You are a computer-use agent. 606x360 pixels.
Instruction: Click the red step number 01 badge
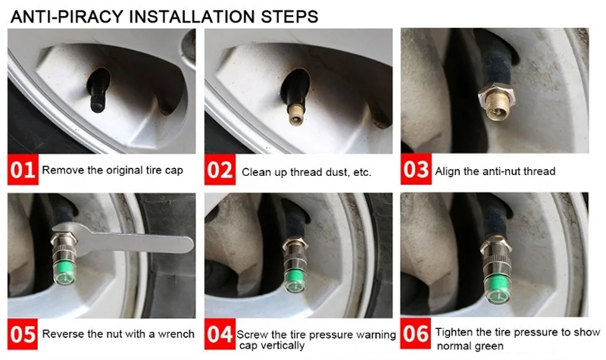coord(23,169)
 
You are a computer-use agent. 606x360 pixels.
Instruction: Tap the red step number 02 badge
coord(220,169)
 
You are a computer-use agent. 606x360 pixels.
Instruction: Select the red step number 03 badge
coord(416,169)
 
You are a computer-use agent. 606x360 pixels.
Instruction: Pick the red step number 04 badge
coord(220,334)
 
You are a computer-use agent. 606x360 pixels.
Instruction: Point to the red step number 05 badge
coord(23,334)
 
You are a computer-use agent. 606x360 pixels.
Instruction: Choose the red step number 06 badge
coord(416,333)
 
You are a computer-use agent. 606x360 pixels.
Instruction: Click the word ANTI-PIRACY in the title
coord(67,17)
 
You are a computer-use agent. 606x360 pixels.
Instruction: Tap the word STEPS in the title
coord(289,17)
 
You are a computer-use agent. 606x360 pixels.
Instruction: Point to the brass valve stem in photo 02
coord(297,114)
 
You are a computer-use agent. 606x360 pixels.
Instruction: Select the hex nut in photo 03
coord(497,96)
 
